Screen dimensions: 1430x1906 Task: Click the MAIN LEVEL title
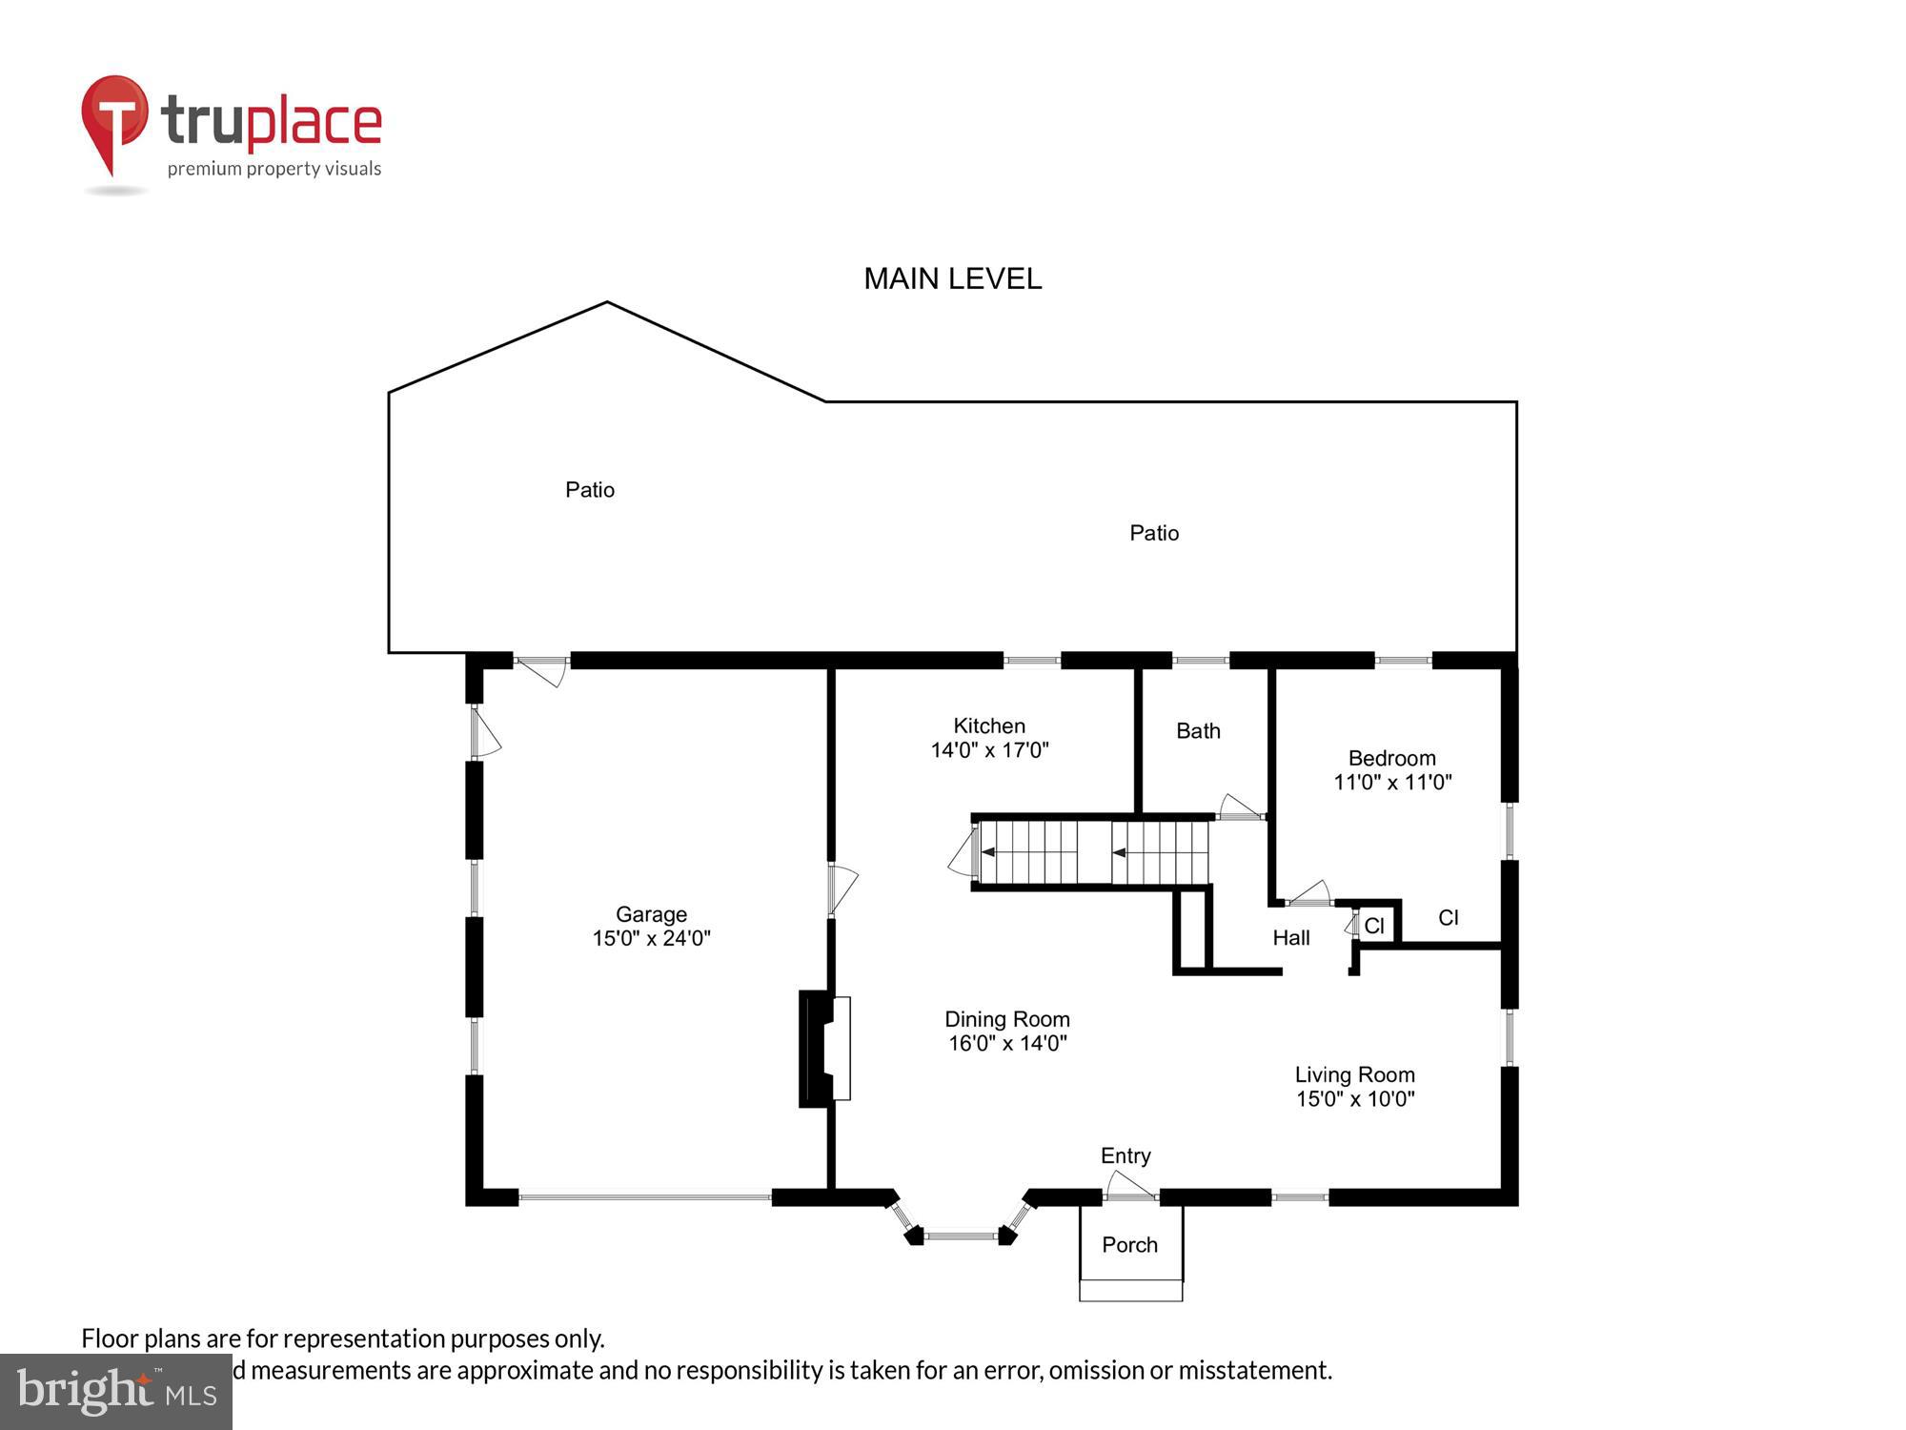click(x=952, y=278)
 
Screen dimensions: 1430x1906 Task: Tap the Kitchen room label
click(x=989, y=725)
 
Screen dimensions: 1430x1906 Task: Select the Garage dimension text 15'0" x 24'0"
click(x=651, y=938)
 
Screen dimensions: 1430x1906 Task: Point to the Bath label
click(x=1198, y=731)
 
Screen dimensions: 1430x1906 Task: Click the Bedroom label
click(x=1391, y=758)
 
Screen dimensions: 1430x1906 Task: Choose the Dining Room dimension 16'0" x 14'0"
click(x=1007, y=1043)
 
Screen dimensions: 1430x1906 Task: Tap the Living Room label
click(x=1354, y=1074)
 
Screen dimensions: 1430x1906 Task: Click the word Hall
click(x=1291, y=938)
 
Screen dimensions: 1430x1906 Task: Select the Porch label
click(x=1129, y=1245)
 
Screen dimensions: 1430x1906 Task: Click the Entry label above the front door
click(x=1125, y=1155)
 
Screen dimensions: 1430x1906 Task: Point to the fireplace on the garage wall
click(x=823, y=1049)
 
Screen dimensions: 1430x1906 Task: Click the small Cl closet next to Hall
click(x=1374, y=926)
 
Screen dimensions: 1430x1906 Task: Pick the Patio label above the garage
click(x=590, y=490)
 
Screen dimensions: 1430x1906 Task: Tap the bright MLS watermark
click(x=116, y=1392)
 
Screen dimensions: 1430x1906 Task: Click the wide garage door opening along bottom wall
click(x=645, y=1197)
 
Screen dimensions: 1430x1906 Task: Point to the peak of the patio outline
click(x=607, y=303)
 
